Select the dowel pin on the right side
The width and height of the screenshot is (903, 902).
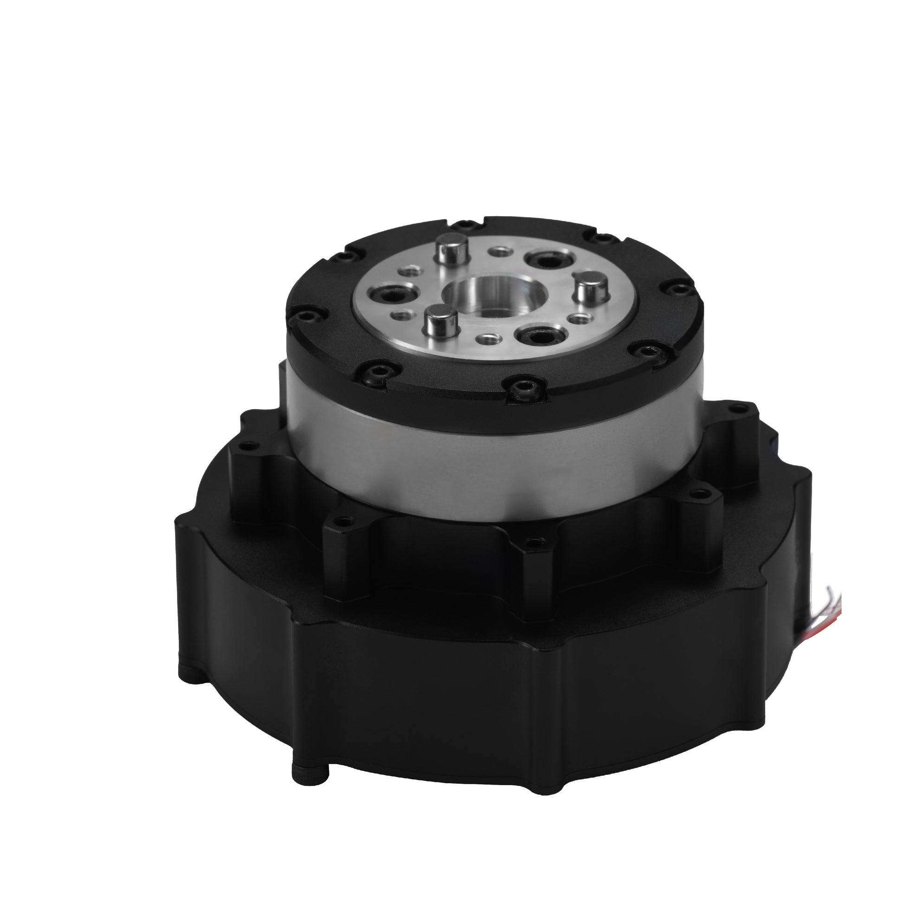click(588, 287)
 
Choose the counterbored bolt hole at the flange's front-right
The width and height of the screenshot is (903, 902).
click(537, 335)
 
